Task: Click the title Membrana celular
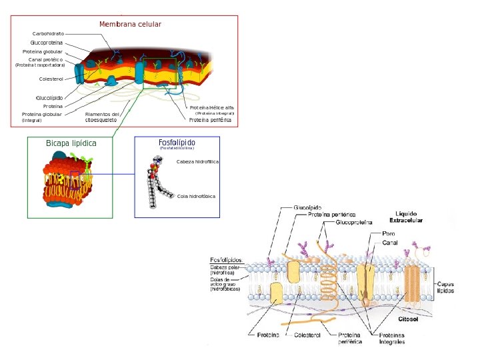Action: (x=130, y=25)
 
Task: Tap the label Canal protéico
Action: (x=45, y=59)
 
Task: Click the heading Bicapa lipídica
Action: (x=71, y=143)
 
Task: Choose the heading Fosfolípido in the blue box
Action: (x=177, y=143)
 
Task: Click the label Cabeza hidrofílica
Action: (x=197, y=162)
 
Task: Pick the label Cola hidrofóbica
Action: (x=197, y=197)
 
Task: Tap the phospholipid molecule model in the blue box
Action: (x=157, y=182)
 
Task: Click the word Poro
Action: (x=389, y=234)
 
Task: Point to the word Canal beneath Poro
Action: (x=390, y=243)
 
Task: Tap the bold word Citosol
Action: (x=408, y=319)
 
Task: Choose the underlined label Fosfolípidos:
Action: (x=227, y=260)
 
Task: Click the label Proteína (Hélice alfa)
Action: (x=211, y=107)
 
